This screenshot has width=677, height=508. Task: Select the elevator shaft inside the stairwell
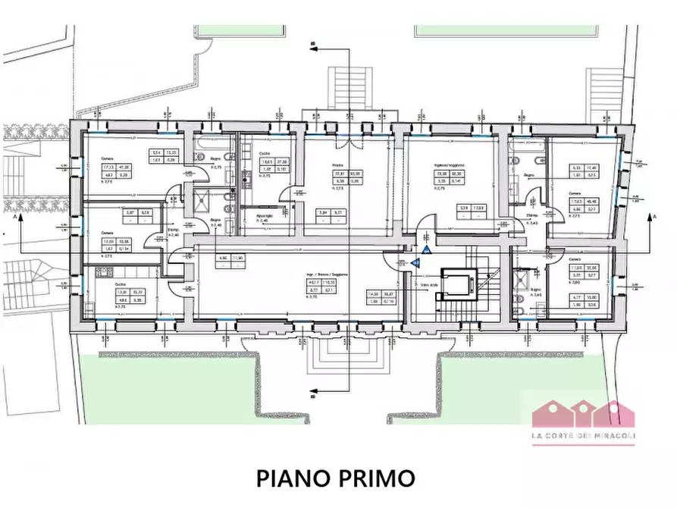pos(457,287)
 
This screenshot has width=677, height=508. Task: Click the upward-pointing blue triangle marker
pos(428,249)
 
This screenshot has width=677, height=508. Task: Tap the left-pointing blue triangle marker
pos(416,262)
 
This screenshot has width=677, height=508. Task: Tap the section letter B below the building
pos(312,394)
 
